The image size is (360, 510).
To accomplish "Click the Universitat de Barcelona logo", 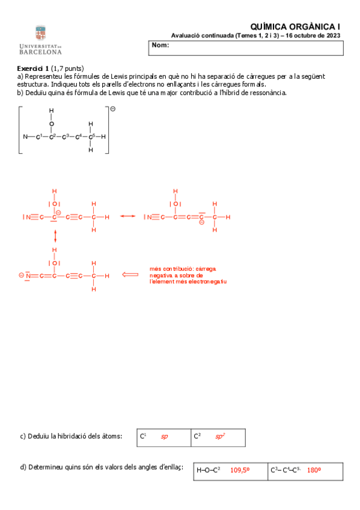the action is (x=40, y=40).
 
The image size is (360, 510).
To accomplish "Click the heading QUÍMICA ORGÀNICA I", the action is (x=294, y=26).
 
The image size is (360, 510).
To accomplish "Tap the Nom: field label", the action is (x=160, y=46).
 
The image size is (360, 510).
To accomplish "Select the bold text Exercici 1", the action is (x=33, y=68).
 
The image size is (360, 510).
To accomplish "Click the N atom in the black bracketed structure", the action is (x=25, y=137).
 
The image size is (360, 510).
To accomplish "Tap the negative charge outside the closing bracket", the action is (x=112, y=109).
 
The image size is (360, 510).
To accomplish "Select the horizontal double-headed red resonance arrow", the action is (x=127, y=217).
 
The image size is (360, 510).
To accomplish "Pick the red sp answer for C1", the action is (x=164, y=437).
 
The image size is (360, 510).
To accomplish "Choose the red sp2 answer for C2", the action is (x=219, y=437).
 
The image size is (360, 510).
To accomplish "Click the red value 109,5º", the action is (x=240, y=471).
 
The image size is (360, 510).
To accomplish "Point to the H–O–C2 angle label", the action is (x=209, y=471).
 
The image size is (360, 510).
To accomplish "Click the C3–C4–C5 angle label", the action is (x=285, y=471).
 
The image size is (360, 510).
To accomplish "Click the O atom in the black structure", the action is (x=52, y=123).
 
